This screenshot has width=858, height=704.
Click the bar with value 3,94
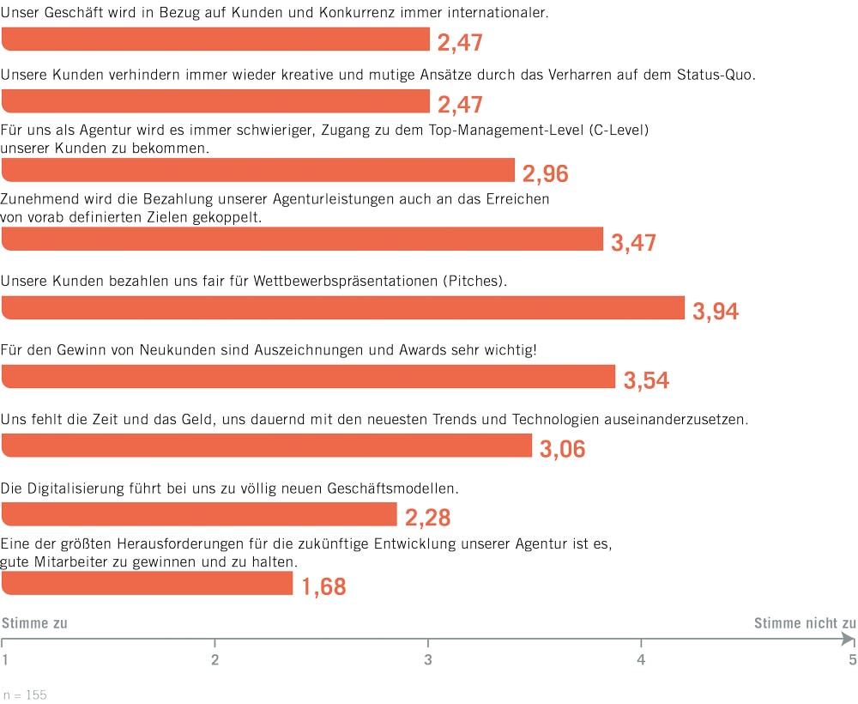click(x=343, y=307)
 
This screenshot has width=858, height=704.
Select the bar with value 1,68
click(x=148, y=583)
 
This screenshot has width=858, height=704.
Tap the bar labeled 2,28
click(x=199, y=514)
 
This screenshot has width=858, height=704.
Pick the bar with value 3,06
click(x=267, y=446)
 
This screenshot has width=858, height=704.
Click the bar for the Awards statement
click(x=309, y=377)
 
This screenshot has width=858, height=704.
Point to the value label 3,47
click(x=633, y=243)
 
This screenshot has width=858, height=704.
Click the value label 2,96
click(x=546, y=174)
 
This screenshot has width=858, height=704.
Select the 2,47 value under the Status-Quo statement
click(x=461, y=106)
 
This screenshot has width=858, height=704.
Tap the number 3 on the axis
click(x=427, y=659)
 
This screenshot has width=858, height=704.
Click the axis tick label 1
click(x=5, y=659)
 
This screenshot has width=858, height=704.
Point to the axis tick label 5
click(x=852, y=659)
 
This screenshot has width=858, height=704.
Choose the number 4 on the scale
click(x=640, y=659)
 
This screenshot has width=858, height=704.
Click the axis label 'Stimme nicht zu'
click(x=805, y=623)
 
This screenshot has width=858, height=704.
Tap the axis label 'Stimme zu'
click(x=34, y=623)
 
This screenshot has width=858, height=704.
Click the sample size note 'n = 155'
click(x=25, y=695)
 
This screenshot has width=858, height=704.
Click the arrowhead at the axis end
click(x=849, y=639)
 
